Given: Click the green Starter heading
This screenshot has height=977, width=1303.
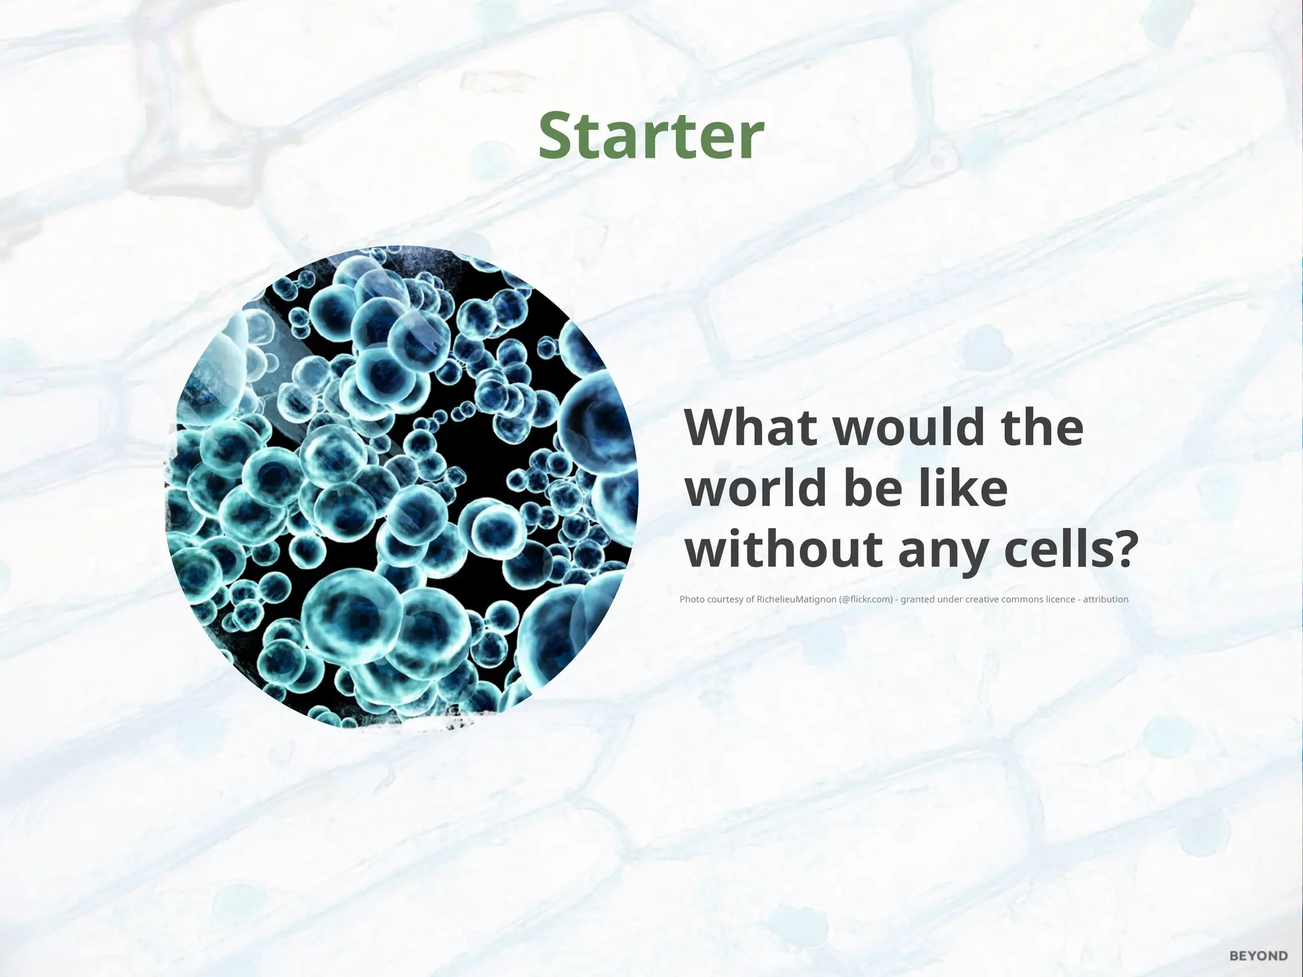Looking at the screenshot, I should pos(651,136).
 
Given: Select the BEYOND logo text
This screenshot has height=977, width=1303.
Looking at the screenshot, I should pos(1258,956).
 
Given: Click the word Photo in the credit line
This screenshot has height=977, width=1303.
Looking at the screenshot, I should pos(692,599).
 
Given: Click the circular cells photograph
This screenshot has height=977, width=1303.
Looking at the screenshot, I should pos(401,487).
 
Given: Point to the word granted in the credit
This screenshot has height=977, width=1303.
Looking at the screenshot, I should pos(917,599).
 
